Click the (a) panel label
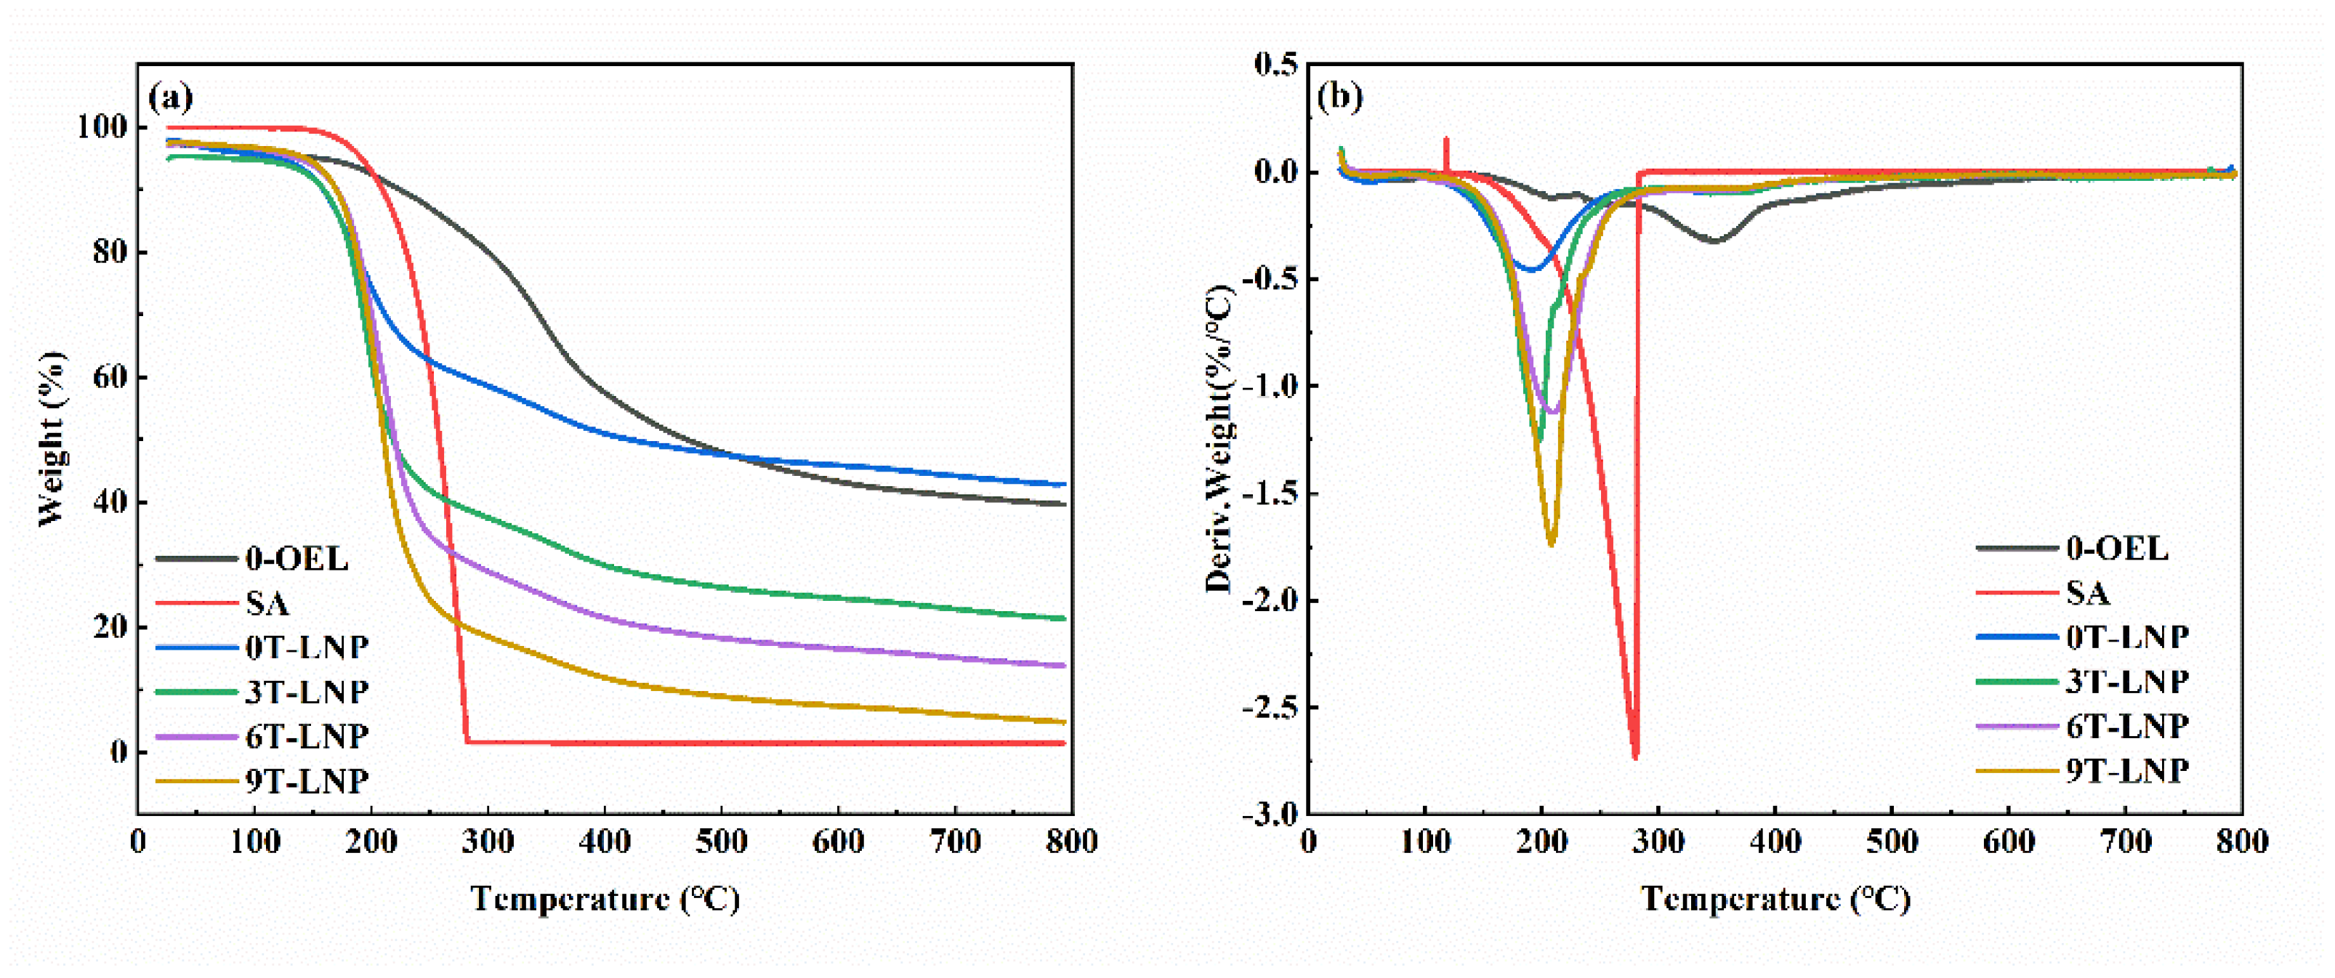(170, 96)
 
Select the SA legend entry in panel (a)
(267, 603)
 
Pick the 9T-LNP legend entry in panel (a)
(307, 780)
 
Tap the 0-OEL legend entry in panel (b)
(2118, 549)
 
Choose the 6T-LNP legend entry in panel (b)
(2127, 726)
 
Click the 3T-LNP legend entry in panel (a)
(307, 692)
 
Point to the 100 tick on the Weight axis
(102, 127)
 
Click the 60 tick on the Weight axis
(109, 377)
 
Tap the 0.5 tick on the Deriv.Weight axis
(1276, 65)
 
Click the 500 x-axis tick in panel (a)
(722, 843)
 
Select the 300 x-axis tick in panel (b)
(1659, 843)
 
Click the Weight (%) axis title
(52, 439)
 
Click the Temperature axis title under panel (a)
(605, 899)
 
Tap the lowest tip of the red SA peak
(1635, 757)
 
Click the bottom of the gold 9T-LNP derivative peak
(1552, 543)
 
